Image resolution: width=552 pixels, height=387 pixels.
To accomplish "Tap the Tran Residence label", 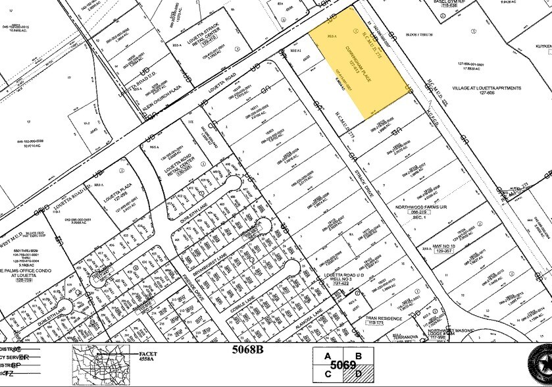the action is (384, 318).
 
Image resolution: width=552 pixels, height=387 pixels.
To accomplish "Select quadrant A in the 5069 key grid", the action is (327, 355).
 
